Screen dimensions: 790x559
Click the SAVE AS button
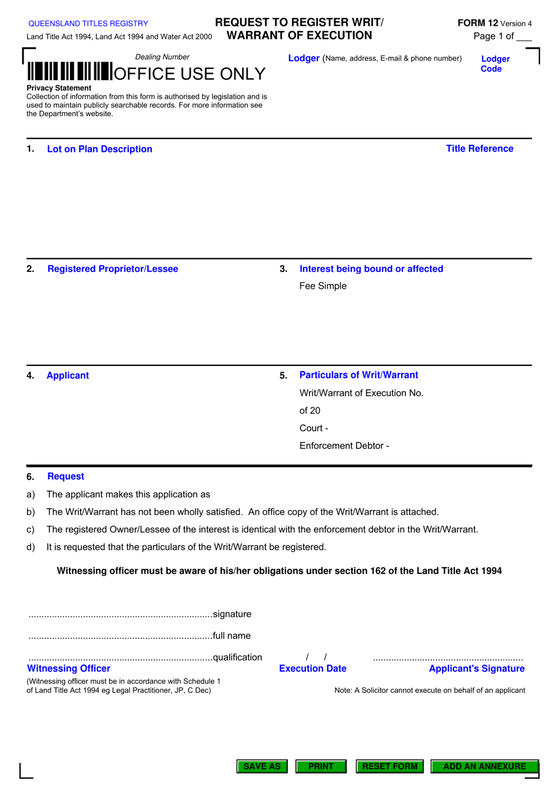click(x=262, y=766)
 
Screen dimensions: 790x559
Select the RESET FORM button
click(x=390, y=766)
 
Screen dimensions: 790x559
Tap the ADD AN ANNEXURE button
click(x=484, y=766)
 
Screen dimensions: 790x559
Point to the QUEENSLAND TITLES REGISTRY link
click(x=88, y=24)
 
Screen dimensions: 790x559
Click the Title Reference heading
click(x=479, y=149)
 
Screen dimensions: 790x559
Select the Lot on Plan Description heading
click(x=99, y=149)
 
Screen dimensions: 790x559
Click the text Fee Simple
click(x=322, y=286)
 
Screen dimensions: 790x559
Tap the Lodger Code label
click(x=495, y=64)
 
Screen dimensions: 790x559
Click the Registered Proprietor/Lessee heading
click(x=112, y=269)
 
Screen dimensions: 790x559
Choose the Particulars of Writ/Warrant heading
click(x=358, y=375)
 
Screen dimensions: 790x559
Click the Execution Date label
click(x=312, y=669)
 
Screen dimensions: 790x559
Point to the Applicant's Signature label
click(x=476, y=669)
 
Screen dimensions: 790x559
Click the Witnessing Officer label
click(x=69, y=669)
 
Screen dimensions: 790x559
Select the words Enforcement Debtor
click(x=341, y=446)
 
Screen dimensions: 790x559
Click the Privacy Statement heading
click(x=59, y=88)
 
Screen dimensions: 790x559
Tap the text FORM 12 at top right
click(x=477, y=23)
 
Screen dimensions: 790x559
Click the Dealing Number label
click(x=162, y=57)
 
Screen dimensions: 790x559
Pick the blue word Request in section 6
click(x=65, y=476)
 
